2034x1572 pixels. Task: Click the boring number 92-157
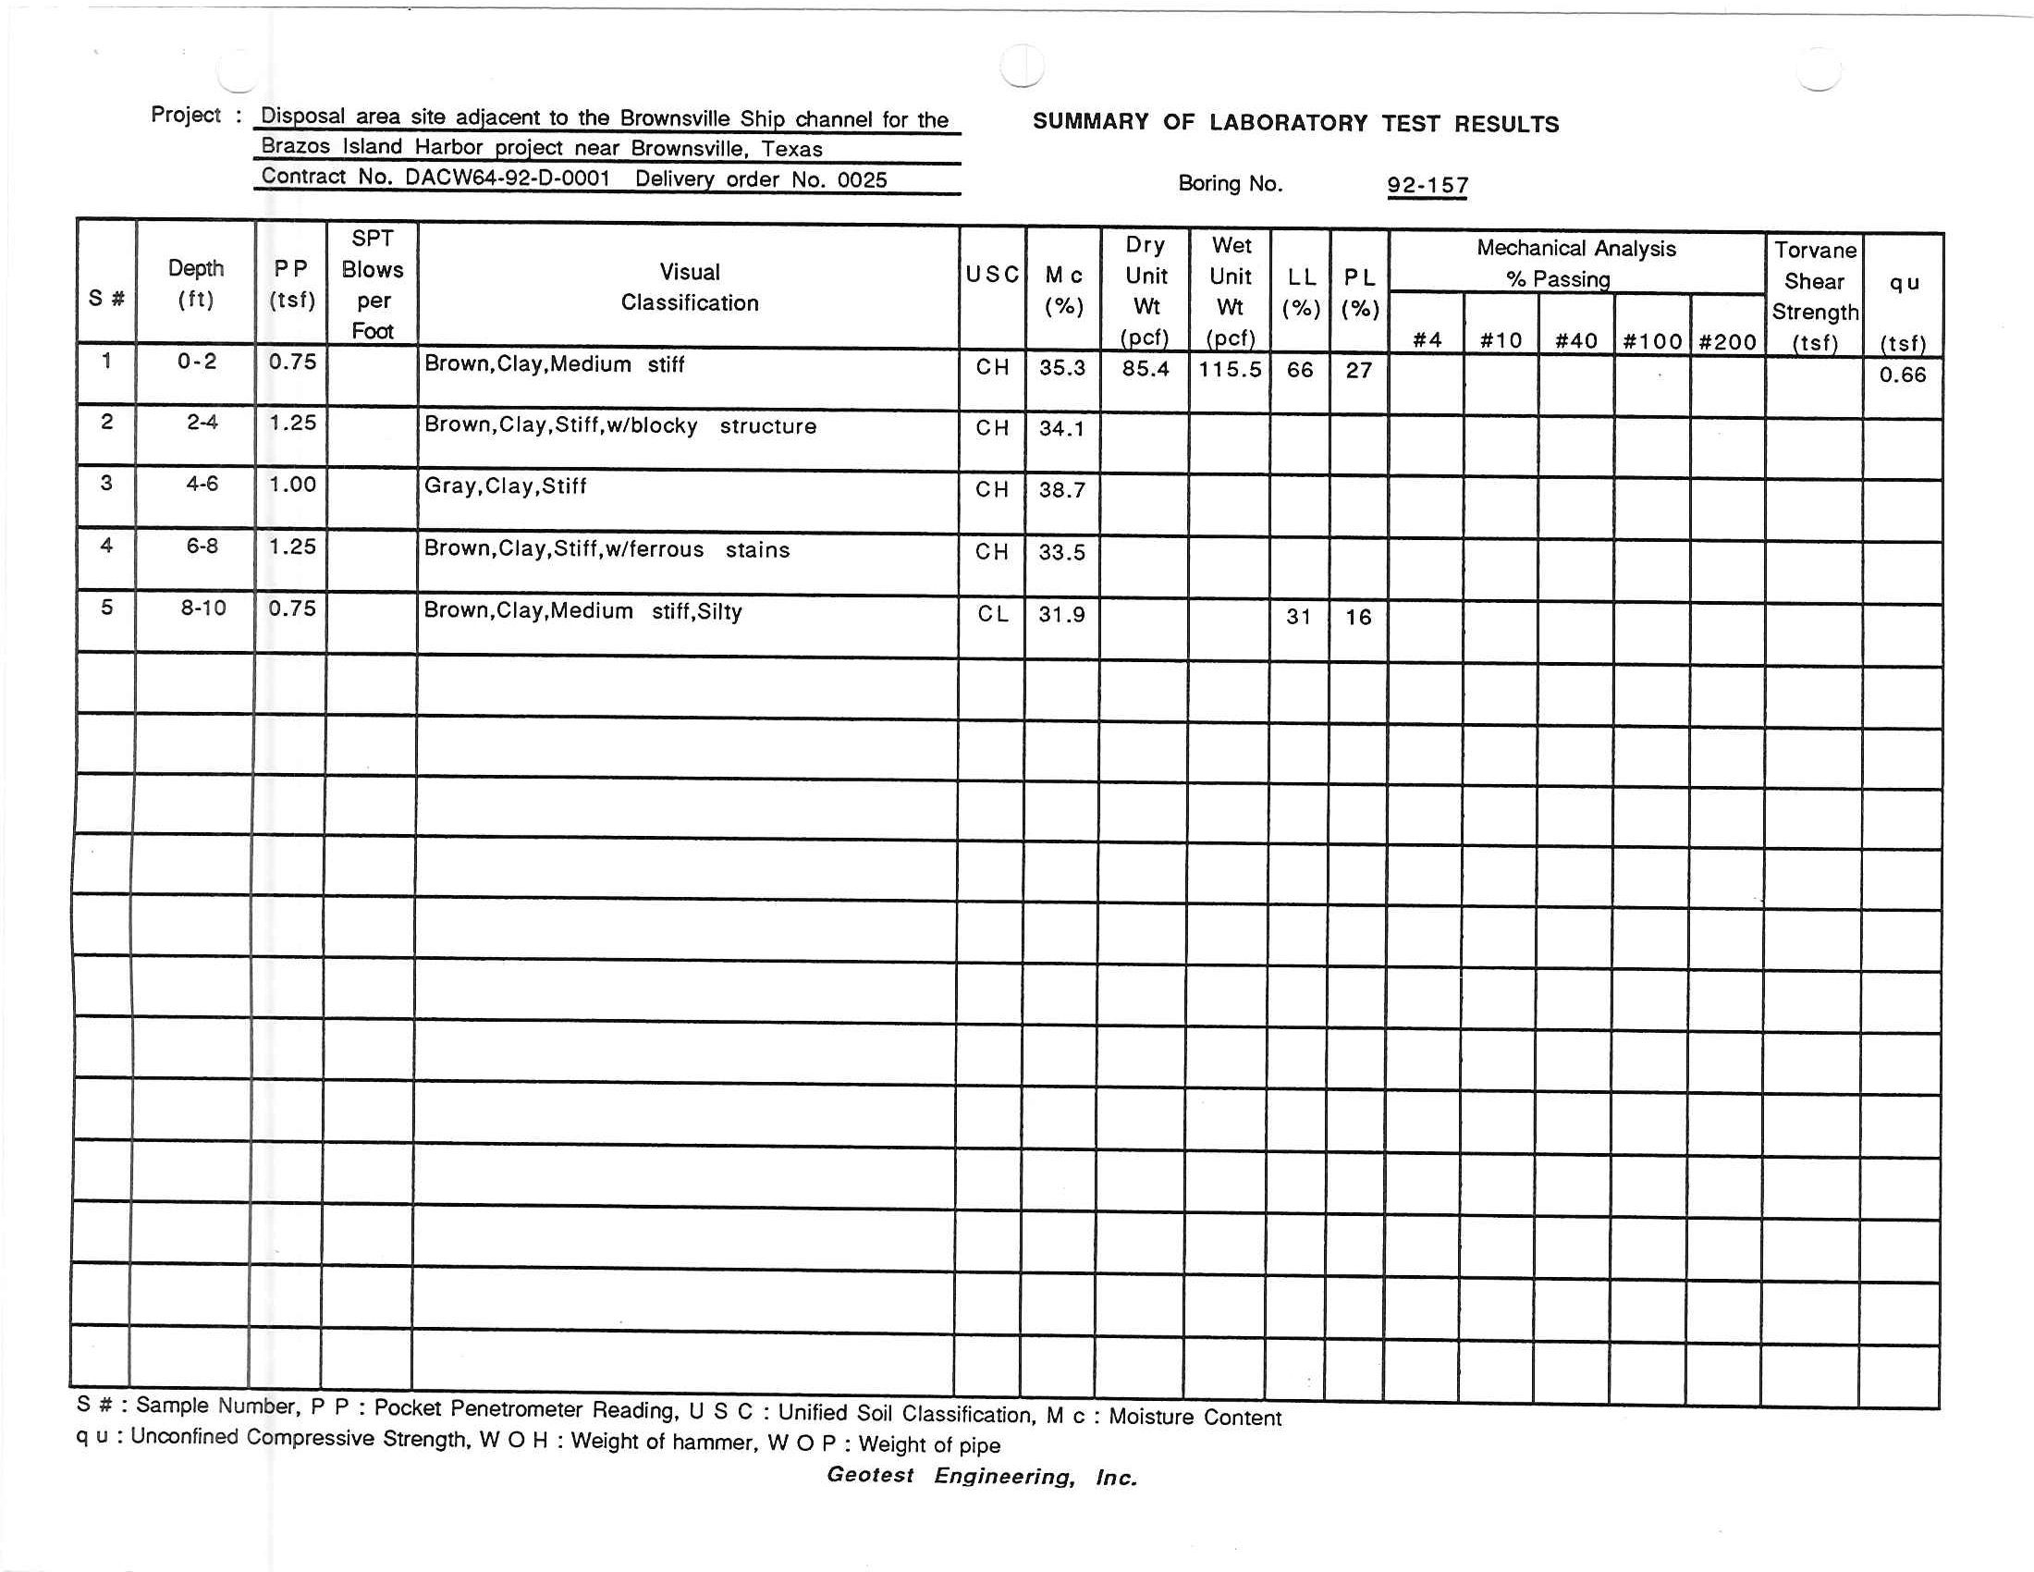(1427, 185)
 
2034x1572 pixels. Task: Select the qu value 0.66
(1902, 375)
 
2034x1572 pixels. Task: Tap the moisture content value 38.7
(1061, 491)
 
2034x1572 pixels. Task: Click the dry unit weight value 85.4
(1145, 369)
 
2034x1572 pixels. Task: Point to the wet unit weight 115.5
(1230, 370)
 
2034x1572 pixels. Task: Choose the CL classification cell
(992, 615)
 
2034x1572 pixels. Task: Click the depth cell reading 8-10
(203, 608)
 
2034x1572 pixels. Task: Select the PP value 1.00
(292, 485)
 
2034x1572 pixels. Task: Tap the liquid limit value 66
(1299, 371)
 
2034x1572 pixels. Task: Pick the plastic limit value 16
(1358, 618)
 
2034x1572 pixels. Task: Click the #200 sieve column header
(1727, 342)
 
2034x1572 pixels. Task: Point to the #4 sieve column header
(1427, 341)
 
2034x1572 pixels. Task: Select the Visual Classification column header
(689, 287)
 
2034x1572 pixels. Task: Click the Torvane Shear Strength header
(1814, 296)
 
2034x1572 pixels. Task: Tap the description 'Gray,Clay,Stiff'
(505, 486)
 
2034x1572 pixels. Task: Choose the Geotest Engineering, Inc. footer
(982, 1476)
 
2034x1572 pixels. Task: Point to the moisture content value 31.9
(1061, 615)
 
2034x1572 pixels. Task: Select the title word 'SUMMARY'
(1090, 122)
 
